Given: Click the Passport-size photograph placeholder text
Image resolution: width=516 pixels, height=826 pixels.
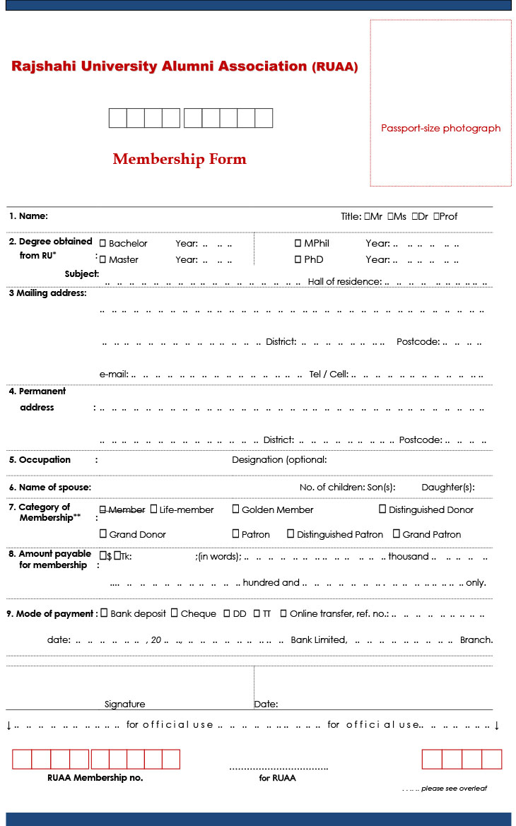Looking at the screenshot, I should tap(440, 129).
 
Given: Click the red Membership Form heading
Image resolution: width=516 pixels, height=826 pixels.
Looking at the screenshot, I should tap(180, 159).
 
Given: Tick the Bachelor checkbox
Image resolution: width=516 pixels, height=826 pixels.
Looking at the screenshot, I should tap(103, 243).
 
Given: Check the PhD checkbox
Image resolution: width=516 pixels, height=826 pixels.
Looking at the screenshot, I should tap(298, 259).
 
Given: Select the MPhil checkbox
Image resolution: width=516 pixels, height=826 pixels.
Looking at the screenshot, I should tap(298, 243).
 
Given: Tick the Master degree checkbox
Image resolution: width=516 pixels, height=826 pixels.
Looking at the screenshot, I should tap(103, 259).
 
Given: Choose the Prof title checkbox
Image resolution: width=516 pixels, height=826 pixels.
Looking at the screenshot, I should tap(437, 216).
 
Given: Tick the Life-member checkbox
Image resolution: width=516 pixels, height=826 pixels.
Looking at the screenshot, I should tap(154, 509).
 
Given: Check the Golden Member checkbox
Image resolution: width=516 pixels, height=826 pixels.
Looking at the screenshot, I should tap(236, 509).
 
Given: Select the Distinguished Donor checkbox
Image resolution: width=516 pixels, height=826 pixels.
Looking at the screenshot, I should tap(382, 509).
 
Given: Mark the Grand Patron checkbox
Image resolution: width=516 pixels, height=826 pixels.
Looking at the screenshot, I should tap(397, 534).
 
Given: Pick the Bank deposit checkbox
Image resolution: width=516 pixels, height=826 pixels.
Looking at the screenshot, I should tap(105, 613).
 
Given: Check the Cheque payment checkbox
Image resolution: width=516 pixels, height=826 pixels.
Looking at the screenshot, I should tap(175, 613).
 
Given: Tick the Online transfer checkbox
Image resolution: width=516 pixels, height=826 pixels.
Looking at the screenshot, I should tap(283, 613).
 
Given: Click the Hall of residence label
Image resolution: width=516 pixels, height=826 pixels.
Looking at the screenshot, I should tap(344, 282).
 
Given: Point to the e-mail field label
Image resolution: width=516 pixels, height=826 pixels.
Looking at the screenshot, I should tap(114, 374).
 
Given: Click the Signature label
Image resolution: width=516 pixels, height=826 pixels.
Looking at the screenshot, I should tap(124, 704).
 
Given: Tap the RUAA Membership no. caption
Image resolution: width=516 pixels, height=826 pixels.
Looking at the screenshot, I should tap(95, 778).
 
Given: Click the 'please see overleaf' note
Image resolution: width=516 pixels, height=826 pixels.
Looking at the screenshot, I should tap(454, 789).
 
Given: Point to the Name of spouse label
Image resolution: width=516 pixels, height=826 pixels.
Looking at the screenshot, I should tap(50, 488).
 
